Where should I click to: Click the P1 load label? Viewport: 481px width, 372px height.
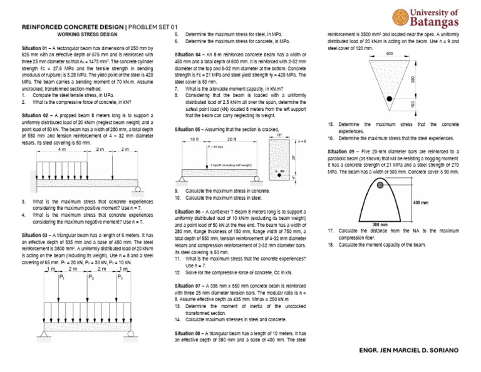[x=61, y=276]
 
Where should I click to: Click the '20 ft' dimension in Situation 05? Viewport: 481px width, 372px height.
[x=231, y=138]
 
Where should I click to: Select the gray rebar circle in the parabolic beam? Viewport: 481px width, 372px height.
[x=381, y=185]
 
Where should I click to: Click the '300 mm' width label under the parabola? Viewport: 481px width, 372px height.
[x=380, y=224]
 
